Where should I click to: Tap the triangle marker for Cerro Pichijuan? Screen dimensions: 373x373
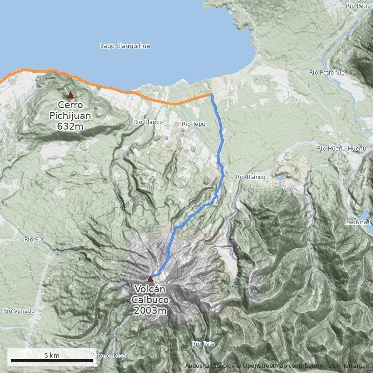70,95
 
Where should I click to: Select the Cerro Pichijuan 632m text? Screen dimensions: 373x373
70,115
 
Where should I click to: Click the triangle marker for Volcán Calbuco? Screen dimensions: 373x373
150,279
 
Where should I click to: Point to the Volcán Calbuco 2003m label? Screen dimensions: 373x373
150,300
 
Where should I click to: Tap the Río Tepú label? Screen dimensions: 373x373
193,124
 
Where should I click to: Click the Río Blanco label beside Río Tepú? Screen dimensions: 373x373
148,122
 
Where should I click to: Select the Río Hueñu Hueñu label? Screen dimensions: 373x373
341,148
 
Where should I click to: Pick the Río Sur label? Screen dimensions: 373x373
34,239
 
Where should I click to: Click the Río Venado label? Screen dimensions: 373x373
19,311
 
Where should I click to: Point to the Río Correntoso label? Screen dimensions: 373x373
105,356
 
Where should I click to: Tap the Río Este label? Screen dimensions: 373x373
203,344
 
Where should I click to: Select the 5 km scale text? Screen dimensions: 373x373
52,355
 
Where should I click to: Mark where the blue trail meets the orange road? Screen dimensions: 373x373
211,94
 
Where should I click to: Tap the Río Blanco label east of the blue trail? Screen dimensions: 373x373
250,177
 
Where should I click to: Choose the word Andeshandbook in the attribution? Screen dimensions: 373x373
207,366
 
